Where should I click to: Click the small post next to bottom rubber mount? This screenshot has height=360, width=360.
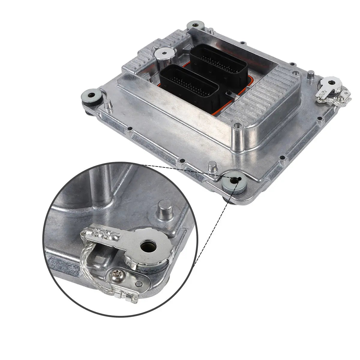[x=212, y=166]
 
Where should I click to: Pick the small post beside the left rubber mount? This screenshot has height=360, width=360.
[x=108, y=105]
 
